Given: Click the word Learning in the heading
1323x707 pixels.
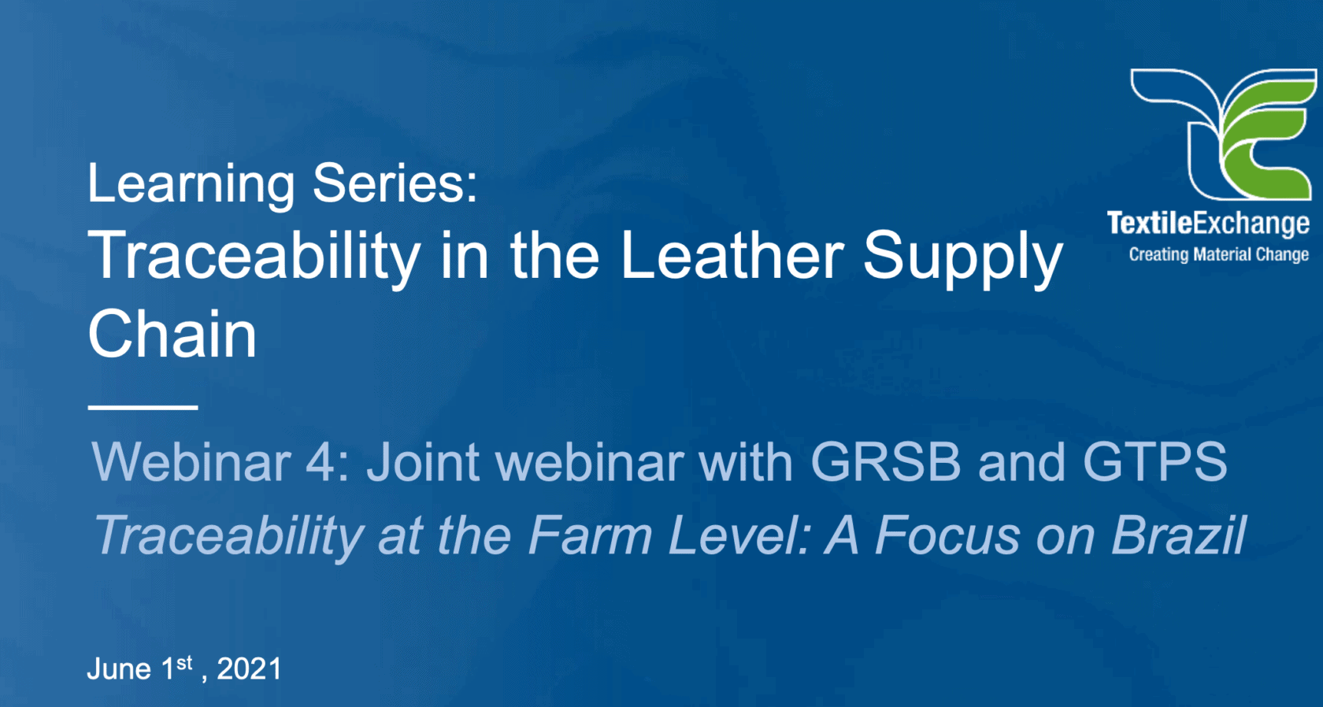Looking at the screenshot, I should [x=191, y=184].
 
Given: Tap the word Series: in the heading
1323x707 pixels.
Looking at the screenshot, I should [x=395, y=183].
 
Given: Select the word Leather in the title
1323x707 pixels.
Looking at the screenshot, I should [x=732, y=256].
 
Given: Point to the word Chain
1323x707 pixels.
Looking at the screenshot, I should [x=172, y=334].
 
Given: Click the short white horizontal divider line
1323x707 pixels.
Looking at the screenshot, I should [x=143, y=407].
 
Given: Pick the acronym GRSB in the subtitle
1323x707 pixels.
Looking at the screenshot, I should [x=885, y=461].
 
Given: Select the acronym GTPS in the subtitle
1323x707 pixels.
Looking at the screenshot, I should [x=1154, y=461].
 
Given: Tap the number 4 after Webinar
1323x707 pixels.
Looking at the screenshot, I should [x=321, y=461].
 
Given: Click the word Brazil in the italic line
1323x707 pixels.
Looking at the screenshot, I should [x=1179, y=535].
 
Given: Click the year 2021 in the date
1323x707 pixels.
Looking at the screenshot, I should [x=249, y=669].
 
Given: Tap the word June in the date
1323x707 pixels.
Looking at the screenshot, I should [x=119, y=669].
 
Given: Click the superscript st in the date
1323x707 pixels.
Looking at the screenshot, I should [x=184, y=663].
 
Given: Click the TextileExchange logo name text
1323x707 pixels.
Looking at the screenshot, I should [x=1208, y=224].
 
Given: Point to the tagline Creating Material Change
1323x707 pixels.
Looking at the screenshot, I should [x=1218, y=254].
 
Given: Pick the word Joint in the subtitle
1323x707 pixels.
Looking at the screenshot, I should [x=423, y=461].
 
